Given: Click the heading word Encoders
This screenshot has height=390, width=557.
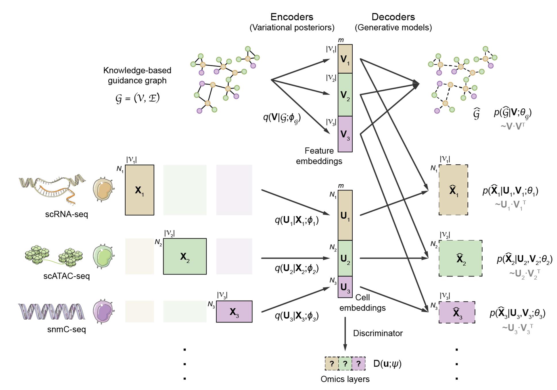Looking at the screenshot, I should pos(291,17).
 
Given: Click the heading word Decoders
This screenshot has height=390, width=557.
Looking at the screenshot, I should pos(393,17).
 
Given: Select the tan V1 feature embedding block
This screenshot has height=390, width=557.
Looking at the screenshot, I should pos(345,59).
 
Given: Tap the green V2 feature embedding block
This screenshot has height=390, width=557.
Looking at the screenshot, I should pos(345,95).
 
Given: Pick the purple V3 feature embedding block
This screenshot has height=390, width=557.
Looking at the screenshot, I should pos(345,134).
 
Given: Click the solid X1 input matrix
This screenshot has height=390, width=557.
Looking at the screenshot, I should pos(139,190).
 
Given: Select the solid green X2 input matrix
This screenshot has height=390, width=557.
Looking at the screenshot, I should pos(185,256).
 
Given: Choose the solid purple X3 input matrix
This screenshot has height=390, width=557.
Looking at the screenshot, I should pos(234,312).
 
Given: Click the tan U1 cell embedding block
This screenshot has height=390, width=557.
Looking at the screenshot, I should pos(345,215).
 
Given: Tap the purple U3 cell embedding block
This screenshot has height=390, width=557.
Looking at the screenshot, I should pos(345,287).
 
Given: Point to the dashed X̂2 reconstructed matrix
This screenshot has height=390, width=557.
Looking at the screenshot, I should pos(460,258).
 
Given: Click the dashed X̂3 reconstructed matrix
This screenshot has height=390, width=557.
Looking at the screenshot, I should pos(456,312).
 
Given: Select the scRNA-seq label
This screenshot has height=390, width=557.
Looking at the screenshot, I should pos(66,214).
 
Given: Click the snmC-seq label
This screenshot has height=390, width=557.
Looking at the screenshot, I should pos(66,329).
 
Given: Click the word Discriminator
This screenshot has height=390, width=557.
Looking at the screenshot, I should pos(378,333).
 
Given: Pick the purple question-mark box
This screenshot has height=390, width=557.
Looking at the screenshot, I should pos(358,364).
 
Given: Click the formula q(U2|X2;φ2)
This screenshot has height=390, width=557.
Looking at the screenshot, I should pos(297,268).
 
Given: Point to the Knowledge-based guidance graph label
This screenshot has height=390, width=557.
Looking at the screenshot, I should pos(137,75).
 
